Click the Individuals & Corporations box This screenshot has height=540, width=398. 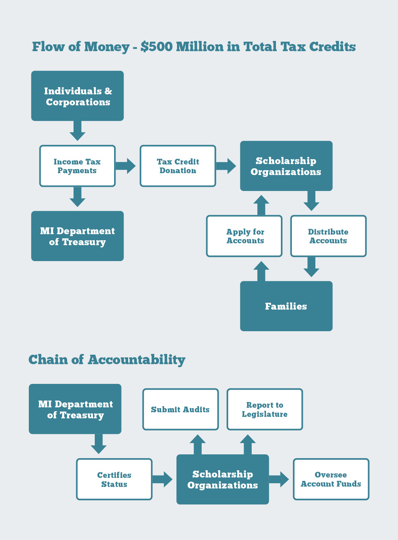point(77,96)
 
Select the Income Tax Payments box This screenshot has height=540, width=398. point(77,166)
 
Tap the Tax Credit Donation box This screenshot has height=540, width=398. point(178,166)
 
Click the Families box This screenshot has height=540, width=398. point(286,306)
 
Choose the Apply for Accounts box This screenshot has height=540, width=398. point(244,236)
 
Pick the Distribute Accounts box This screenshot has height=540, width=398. point(328,236)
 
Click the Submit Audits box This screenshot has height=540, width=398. point(180,409)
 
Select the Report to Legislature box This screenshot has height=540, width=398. point(265,409)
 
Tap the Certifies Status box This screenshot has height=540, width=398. point(114,479)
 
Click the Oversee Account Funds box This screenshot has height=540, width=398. point(331,479)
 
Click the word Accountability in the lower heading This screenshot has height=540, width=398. point(136,360)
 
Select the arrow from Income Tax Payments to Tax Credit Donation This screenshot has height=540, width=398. point(125,166)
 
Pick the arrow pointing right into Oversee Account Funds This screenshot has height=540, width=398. point(279,479)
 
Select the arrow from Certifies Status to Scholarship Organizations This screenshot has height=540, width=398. point(163,479)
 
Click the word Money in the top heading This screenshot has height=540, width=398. point(107,47)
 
